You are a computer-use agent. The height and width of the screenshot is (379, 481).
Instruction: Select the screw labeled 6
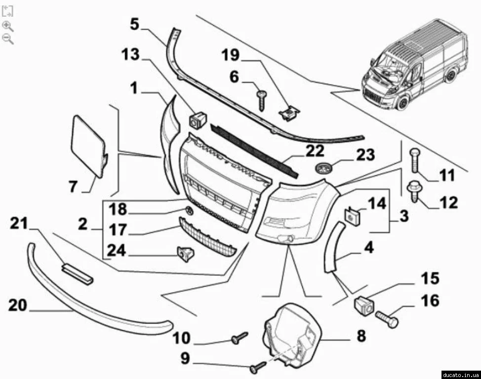pos(261,100)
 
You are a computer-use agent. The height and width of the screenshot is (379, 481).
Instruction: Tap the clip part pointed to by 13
pos(199,119)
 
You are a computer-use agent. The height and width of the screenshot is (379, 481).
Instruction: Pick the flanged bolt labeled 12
pos(412,191)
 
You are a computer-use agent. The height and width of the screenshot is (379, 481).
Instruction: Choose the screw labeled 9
pos(258,366)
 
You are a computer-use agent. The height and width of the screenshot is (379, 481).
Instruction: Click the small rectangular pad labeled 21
pos(77,273)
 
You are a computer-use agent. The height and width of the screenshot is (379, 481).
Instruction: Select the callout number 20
pos(18,305)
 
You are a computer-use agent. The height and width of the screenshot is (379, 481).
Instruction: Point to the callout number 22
pos(315,150)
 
